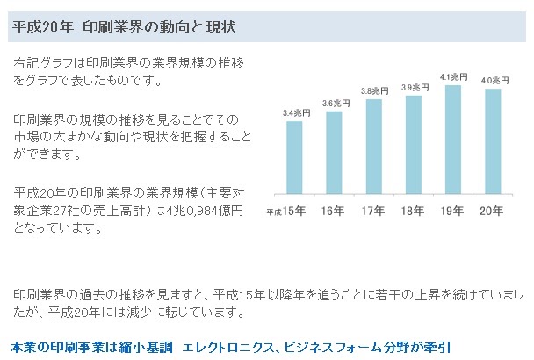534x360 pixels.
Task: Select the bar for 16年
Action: [x=334, y=152]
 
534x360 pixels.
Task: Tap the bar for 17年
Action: [x=373, y=147]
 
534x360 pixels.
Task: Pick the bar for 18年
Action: [x=413, y=144]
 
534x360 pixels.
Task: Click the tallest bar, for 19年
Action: [x=453, y=140]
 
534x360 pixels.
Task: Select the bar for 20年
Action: [x=493, y=141]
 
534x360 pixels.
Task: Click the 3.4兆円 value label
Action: [x=295, y=113]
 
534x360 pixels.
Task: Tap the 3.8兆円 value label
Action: [x=374, y=91]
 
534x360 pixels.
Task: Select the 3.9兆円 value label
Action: [x=414, y=87]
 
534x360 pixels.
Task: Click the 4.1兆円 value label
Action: [x=454, y=76]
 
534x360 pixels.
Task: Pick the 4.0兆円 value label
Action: [x=494, y=81]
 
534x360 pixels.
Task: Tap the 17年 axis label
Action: [x=373, y=212]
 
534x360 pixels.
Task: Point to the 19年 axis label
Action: [x=453, y=212]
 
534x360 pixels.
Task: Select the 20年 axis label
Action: [x=493, y=212]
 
